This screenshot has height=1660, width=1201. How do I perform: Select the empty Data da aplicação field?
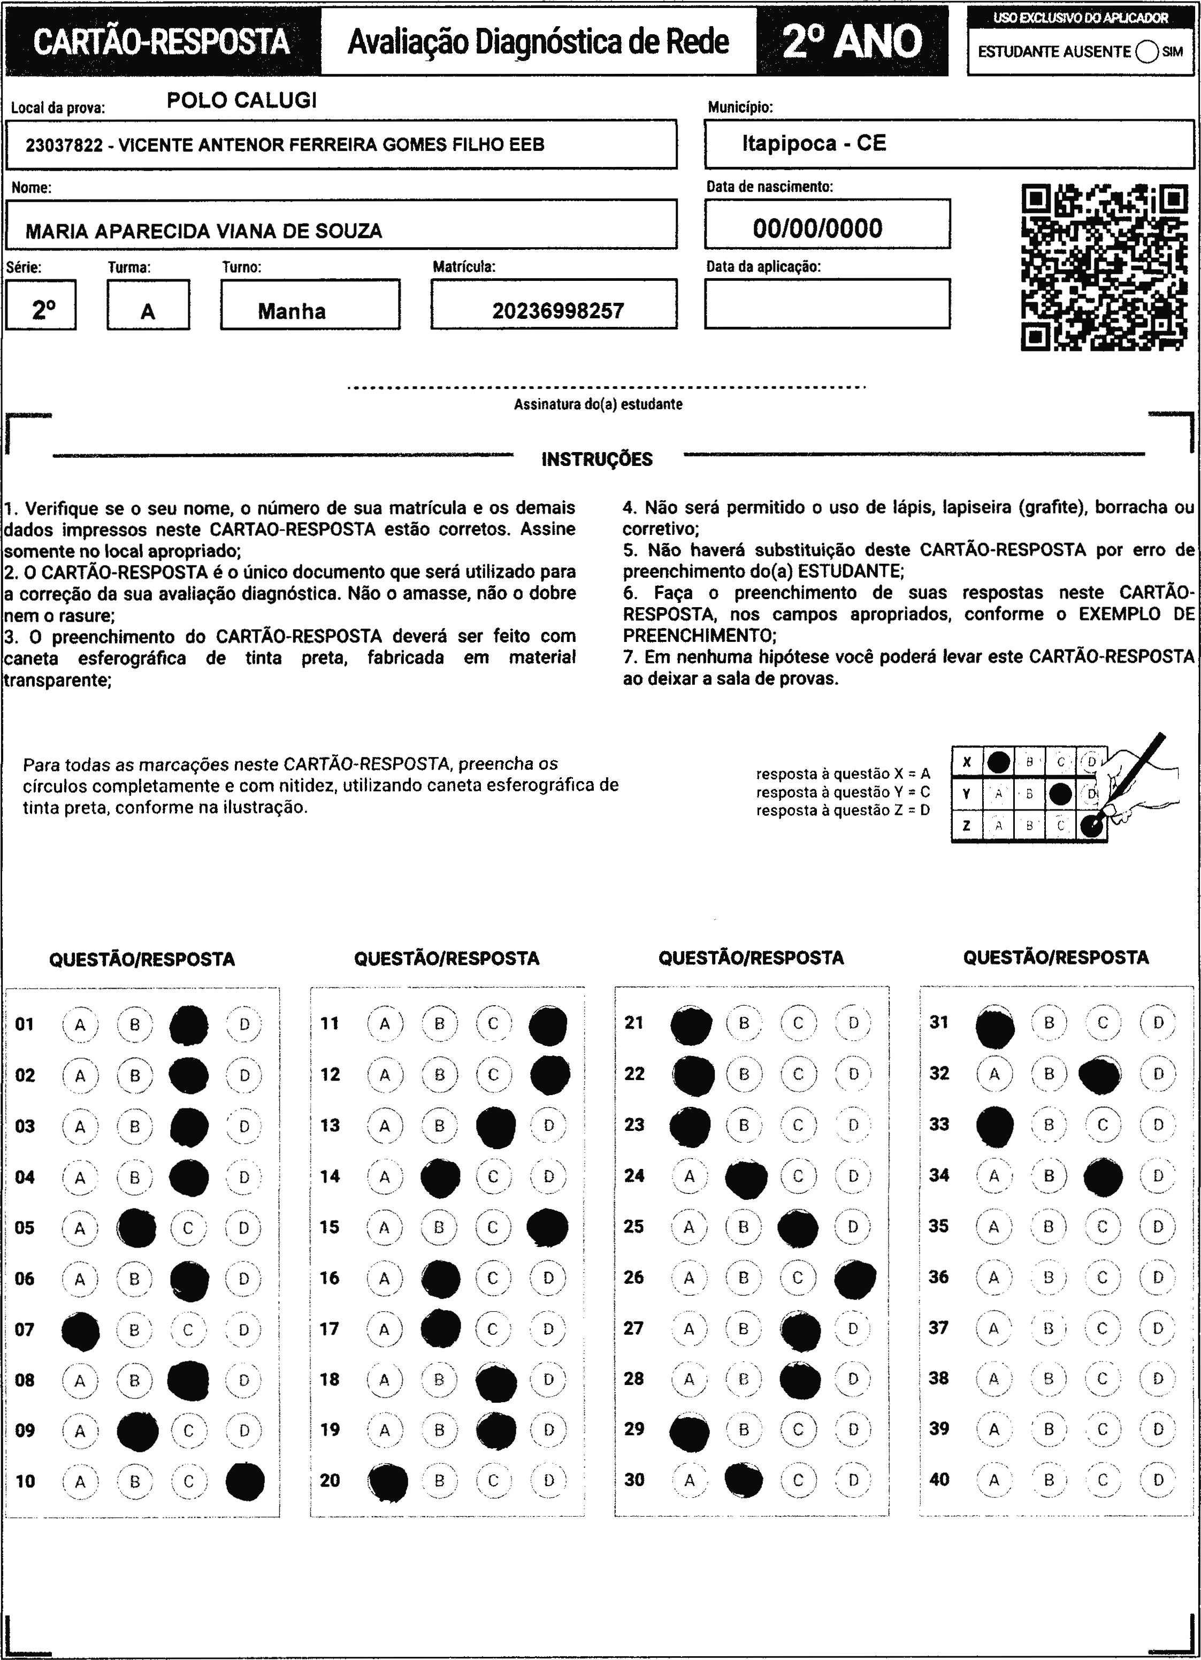[x=827, y=304]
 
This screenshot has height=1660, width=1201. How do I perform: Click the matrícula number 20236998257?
[x=557, y=311]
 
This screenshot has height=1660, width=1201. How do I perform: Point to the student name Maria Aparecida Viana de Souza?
[x=203, y=231]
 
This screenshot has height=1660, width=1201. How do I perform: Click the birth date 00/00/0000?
[x=817, y=228]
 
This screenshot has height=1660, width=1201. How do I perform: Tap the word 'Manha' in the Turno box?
[x=291, y=311]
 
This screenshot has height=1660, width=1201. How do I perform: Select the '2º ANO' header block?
[x=852, y=42]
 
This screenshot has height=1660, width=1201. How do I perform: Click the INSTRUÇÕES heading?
[x=596, y=460]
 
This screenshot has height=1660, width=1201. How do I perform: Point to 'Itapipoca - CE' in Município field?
[x=814, y=143]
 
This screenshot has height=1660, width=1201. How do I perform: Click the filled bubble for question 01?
[x=189, y=1024]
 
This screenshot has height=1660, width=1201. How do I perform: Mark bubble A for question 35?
[x=993, y=1227]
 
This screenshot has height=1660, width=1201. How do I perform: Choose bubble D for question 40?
[x=1158, y=1480]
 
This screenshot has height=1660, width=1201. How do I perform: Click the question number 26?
[x=634, y=1277]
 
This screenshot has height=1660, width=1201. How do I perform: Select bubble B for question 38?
[x=1048, y=1379]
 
